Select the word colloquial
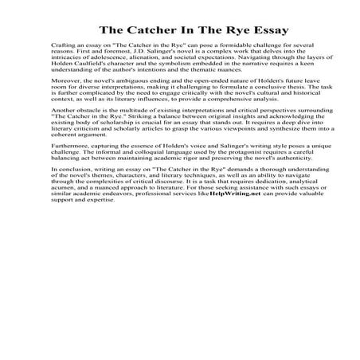139,175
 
